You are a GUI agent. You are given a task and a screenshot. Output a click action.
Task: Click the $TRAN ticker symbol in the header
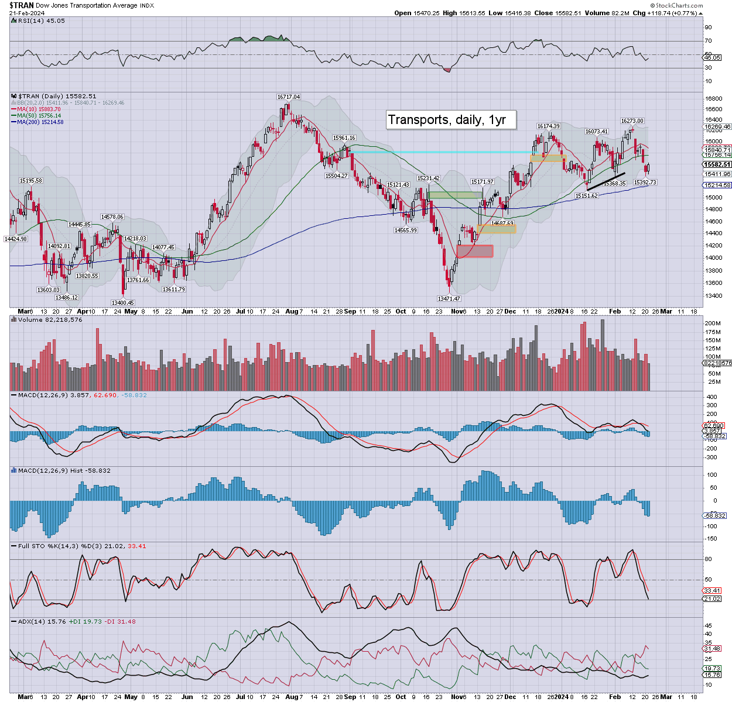click(21, 5)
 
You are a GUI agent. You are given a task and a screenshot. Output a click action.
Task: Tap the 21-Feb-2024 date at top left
click(28, 13)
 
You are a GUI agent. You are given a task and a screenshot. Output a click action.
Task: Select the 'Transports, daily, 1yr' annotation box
click(450, 120)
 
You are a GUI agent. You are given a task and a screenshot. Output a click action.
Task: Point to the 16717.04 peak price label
click(288, 97)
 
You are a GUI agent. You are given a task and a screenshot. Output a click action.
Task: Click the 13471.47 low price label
click(450, 298)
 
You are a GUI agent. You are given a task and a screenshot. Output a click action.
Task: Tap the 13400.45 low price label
click(123, 302)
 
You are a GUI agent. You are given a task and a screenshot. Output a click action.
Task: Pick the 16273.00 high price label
click(632, 121)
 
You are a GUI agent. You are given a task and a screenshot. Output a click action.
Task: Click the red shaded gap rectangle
click(475, 251)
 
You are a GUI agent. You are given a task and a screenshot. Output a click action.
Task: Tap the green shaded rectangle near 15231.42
click(455, 195)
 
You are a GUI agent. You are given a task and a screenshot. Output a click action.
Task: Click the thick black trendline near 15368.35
click(606, 181)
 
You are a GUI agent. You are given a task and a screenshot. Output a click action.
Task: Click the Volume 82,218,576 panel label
click(50, 319)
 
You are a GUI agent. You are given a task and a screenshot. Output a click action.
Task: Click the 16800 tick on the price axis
click(714, 99)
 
